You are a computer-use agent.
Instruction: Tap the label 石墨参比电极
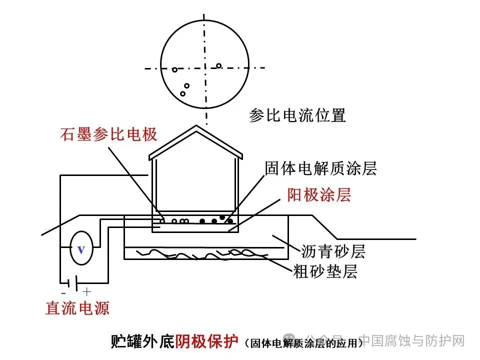point(109,134)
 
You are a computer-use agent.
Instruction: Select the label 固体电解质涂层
point(320,168)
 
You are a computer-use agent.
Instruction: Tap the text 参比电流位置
point(297,115)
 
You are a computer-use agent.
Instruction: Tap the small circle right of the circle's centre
point(218,65)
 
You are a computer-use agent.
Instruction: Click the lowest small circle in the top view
point(183,93)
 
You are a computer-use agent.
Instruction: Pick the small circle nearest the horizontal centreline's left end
point(174,69)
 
